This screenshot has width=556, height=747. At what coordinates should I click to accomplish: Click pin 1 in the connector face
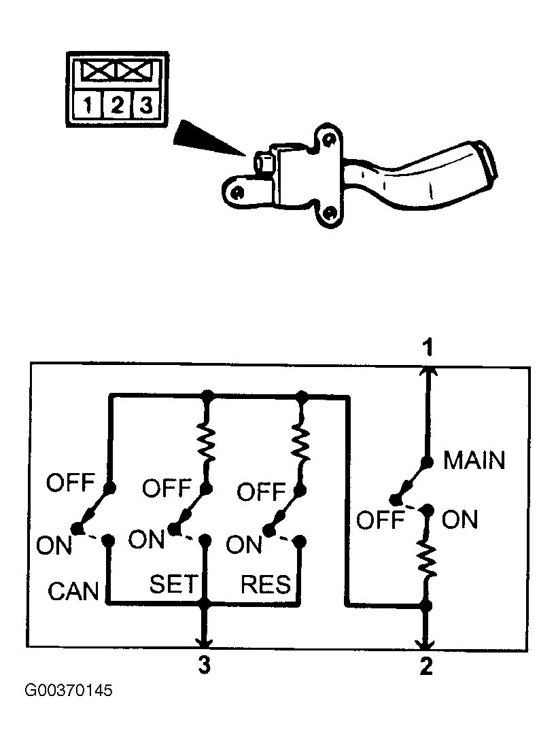(87, 104)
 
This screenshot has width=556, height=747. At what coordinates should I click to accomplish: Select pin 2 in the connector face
(117, 104)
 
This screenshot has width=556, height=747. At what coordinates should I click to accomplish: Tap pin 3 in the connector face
(145, 104)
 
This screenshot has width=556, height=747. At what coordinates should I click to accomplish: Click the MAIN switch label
(474, 461)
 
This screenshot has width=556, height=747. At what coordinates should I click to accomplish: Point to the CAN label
(73, 591)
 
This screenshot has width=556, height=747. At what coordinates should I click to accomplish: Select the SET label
(173, 584)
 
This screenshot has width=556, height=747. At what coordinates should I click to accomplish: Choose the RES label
(265, 585)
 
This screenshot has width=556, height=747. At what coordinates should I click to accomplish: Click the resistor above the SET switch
(208, 443)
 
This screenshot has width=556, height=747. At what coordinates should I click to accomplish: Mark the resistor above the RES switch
(302, 443)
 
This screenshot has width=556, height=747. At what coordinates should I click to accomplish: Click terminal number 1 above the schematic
(429, 347)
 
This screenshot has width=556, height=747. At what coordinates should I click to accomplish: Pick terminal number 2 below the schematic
(426, 666)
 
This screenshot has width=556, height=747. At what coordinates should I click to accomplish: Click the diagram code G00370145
(69, 691)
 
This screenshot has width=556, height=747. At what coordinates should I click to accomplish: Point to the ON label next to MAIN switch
(459, 519)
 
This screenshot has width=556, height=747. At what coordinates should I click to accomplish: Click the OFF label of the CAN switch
(71, 483)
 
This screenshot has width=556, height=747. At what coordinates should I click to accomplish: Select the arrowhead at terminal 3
(205, 642)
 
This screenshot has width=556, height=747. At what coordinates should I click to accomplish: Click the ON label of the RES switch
(244, 544)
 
